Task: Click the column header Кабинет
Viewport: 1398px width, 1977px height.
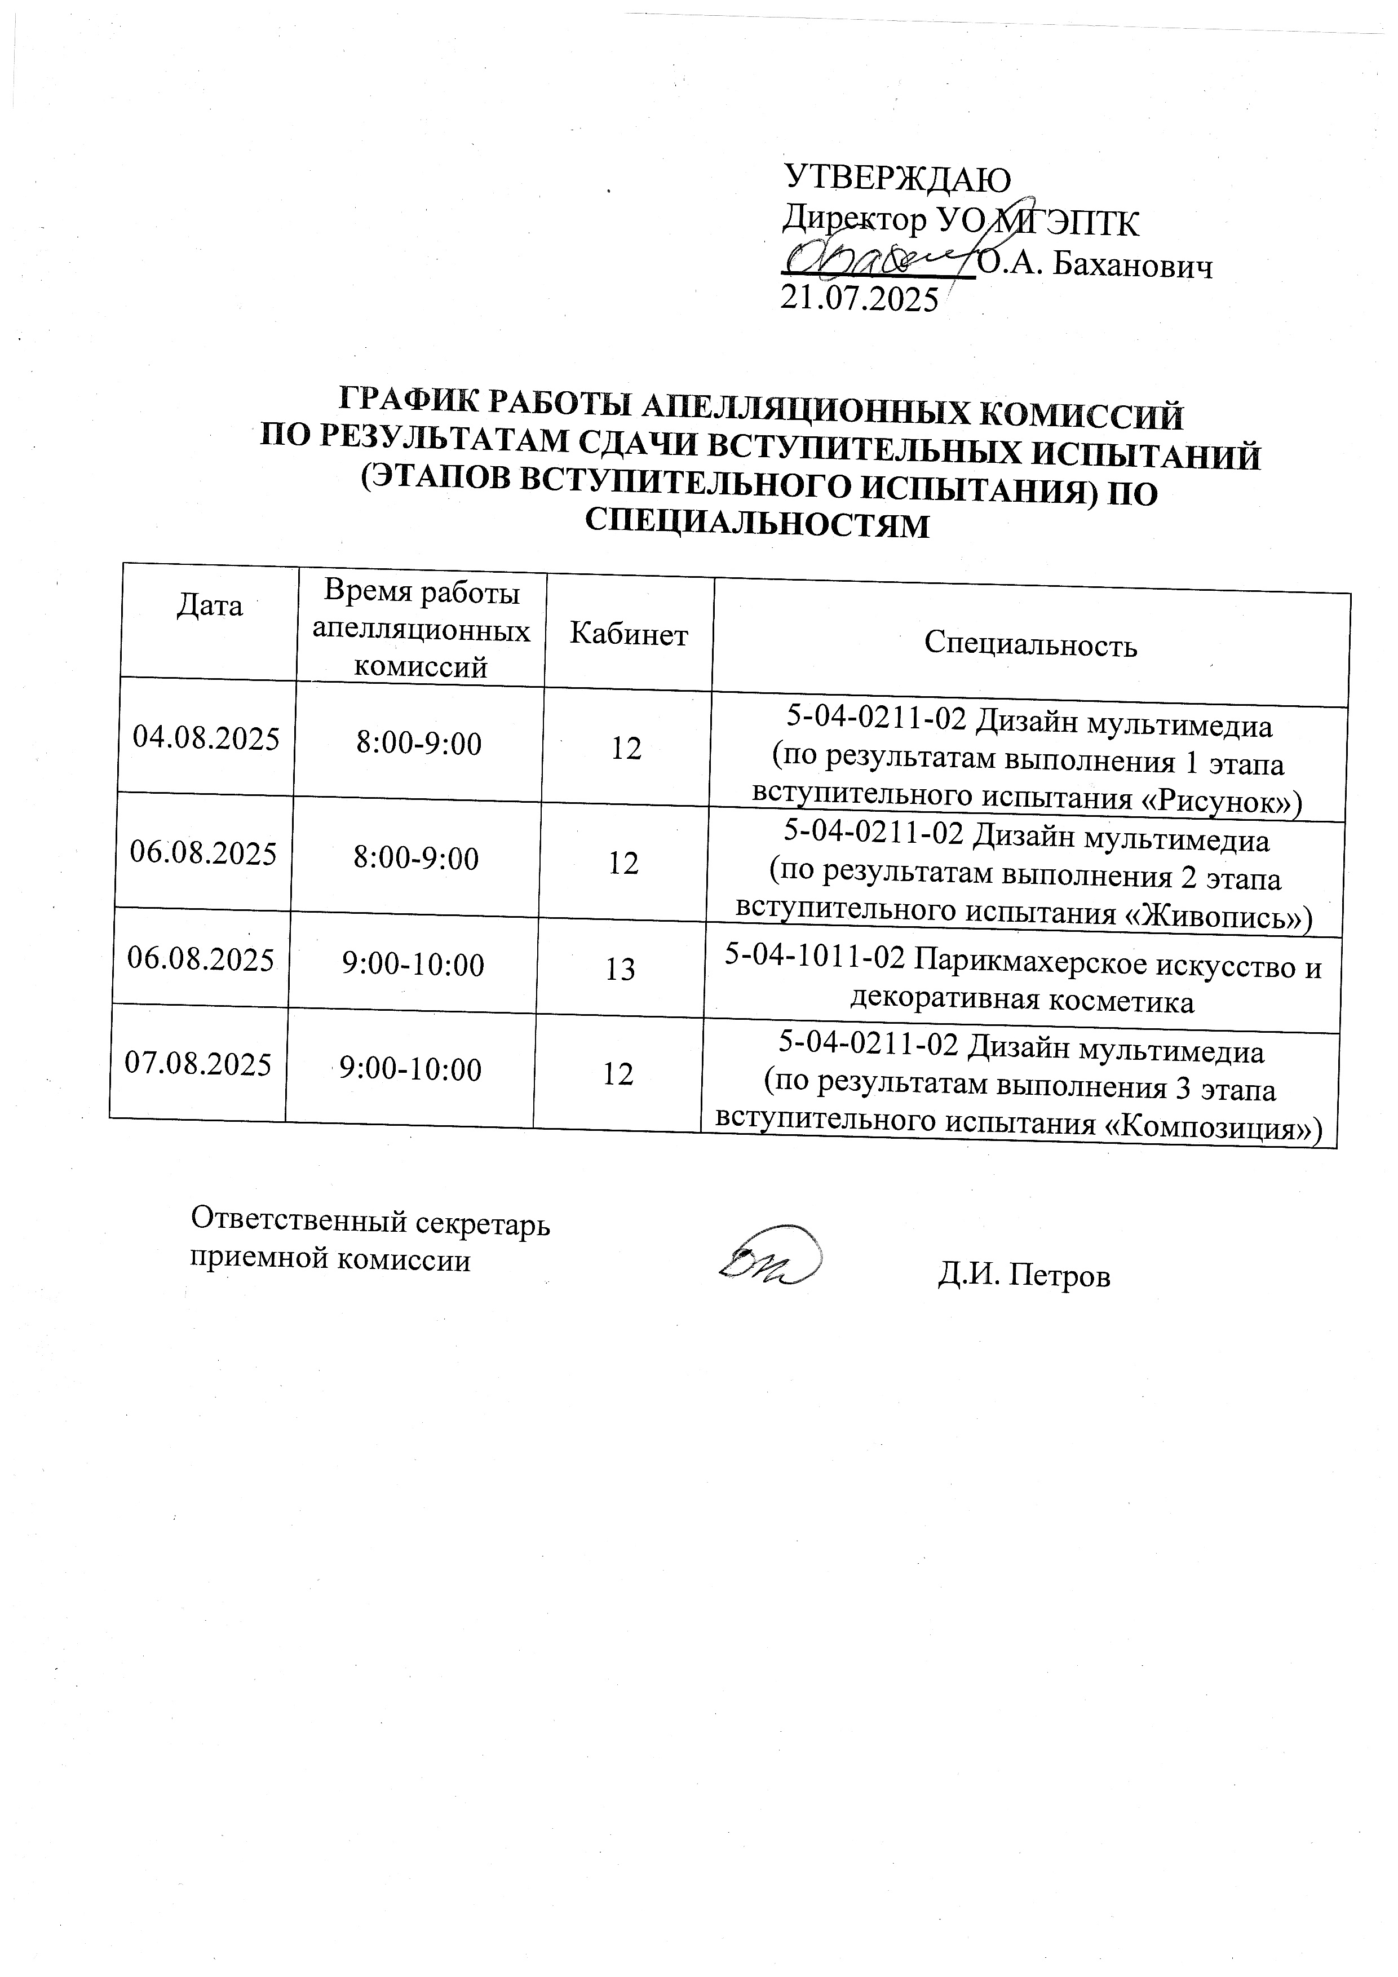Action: pyautogui.click(x=629, y=635)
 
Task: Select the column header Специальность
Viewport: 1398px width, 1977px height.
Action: pyautogui.click(x=1030, y=644)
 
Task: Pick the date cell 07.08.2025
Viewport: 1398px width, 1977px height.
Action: pyautogui.click(x=198, y=1064)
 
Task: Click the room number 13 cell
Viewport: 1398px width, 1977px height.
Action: pyautogui.click(x=620, y=970)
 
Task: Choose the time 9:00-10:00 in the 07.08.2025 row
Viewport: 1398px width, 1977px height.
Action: pyautogui.click(x=410, y=1069)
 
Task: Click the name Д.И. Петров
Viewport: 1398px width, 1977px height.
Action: pyautogui.click(x=1024, y=1275)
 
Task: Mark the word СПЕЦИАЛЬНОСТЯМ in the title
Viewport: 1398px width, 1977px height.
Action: pyautogui.click(x=758, y=524)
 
